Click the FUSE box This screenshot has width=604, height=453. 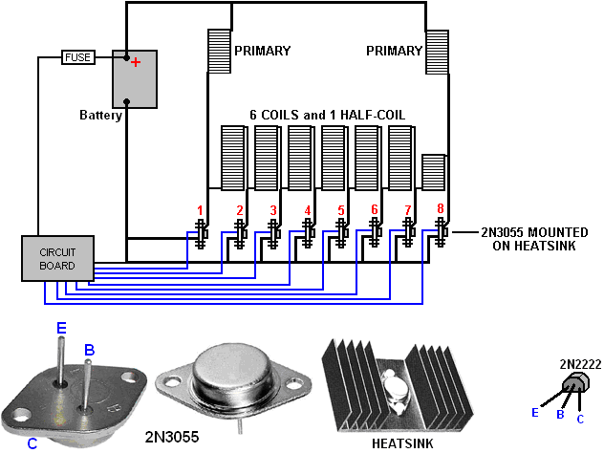point(78,57)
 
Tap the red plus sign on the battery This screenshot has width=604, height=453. point(136,62)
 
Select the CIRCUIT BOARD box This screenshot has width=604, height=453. point(57,258)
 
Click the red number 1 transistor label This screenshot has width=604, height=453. point(200,210)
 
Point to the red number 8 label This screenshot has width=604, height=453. point(441,208)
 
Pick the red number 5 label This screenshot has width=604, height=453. point(341,210)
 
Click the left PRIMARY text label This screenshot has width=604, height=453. point(262,51)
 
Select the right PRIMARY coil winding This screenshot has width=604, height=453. point(437,52)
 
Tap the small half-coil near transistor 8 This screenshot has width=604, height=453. point(433,173)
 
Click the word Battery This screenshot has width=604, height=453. point(100,116)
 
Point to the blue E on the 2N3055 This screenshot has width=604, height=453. point(61,328)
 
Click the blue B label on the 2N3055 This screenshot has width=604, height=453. point(90,350)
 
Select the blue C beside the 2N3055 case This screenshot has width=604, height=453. point(32,443)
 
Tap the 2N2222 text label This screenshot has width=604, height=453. point(580,364)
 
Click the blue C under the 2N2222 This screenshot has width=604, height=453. point(580,419)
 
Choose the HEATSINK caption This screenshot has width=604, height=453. point(402,443)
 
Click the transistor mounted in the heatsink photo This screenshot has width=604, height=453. point(395,390)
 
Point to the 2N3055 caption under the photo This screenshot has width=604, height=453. point(172,437)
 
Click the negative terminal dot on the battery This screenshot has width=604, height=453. point(126,101)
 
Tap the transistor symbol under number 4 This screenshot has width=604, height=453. point(308,233)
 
